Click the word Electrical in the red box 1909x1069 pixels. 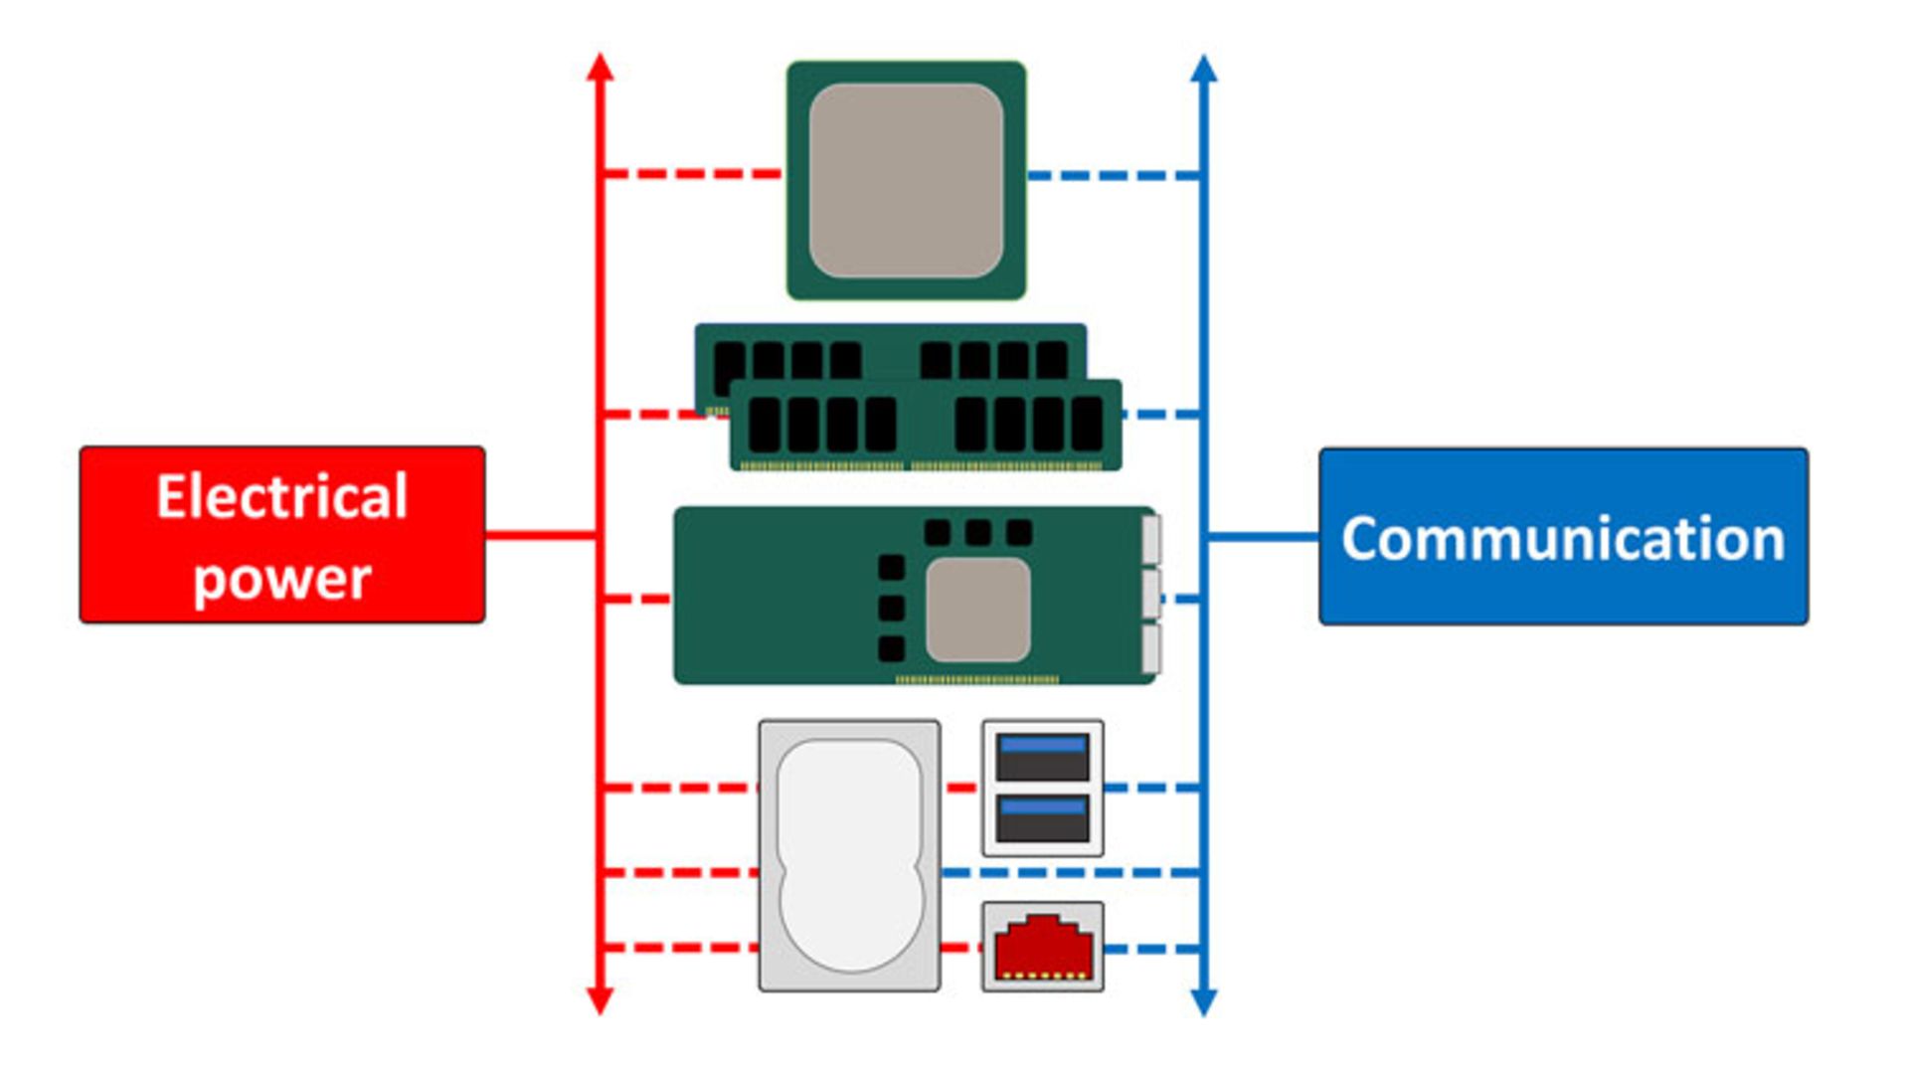282,497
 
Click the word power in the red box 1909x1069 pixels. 282,579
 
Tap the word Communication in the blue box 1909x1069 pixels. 1563,539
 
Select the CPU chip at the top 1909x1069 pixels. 906,180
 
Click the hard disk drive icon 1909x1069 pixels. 849,855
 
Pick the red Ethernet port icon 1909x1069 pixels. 1042,947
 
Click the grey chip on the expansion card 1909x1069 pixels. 977,610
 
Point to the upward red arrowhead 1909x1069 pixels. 600,68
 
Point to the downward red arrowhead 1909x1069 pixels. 600,1000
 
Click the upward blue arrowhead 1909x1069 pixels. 1204,69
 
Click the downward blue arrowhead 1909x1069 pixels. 1204,1001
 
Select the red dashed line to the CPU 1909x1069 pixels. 692,174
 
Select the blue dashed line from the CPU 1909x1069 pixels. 1114,176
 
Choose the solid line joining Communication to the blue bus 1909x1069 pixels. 1263,537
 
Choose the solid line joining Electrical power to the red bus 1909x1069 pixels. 541,536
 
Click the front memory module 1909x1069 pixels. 926,426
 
